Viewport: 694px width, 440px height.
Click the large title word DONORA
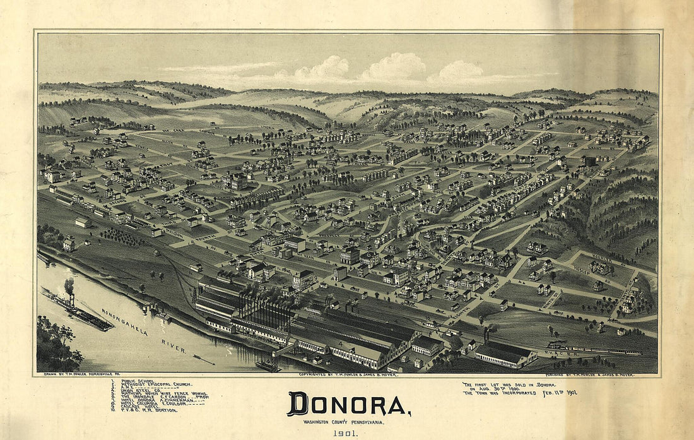(x=348, y=404)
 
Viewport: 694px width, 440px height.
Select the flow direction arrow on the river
(x=203, y=360)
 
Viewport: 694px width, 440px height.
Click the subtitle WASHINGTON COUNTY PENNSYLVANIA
(x=344, y=422)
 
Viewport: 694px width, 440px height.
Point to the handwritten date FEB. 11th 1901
(x=555, y=393)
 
